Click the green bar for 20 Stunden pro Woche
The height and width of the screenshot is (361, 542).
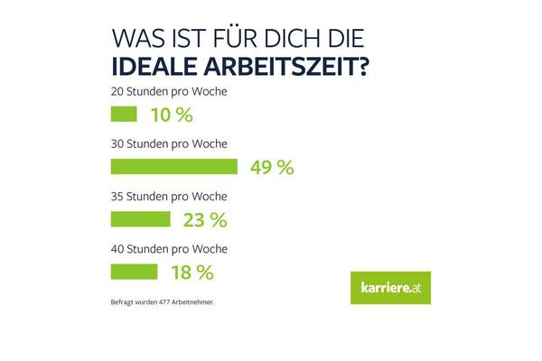[123, 114]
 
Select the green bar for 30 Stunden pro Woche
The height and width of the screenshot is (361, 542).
[173, 166]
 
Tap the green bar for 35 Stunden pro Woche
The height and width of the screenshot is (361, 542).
[140, 218]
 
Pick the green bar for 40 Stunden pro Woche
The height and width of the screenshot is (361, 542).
[134, 271]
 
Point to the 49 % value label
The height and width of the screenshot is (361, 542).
[273, 167]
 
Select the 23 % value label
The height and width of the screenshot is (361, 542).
[205, 219]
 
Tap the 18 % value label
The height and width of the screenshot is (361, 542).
[192, 272]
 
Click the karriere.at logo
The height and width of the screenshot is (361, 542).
[390, 288]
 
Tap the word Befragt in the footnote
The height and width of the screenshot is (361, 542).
[122, 302]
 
